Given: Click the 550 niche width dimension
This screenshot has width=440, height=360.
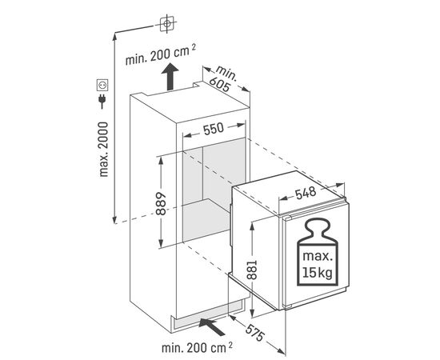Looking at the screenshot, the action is tap(214, 129).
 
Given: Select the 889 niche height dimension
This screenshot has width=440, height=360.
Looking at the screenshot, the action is tap(161, 203).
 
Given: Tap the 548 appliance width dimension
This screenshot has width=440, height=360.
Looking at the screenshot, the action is tap(306, 193).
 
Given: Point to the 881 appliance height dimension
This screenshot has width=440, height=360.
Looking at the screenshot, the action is tap(252, 270).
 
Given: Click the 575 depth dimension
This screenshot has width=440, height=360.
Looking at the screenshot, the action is tap(255, 333).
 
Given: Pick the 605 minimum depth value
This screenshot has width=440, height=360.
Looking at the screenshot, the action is tap(220, 84).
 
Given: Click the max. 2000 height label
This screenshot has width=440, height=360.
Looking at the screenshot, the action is tap(103, 150).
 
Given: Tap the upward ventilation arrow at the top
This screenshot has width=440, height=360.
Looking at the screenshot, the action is tap(170, 76).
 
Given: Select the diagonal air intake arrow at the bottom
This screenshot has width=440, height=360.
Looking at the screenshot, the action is tap(211, 327).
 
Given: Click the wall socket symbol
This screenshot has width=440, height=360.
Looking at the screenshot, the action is tap(102, 85).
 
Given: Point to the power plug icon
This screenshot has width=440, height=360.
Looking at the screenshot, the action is tap(102, 102).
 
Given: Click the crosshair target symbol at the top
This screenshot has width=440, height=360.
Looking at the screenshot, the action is tap(166, 24).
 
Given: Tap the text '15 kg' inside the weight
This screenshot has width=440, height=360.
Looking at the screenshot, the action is tap(317, 273).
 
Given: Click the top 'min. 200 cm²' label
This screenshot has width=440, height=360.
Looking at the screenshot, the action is tap(160, 55).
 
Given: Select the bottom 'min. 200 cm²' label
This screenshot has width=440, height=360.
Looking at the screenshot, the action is tap(197, 348).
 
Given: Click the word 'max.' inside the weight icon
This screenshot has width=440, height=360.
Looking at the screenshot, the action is tap(317, 257).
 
